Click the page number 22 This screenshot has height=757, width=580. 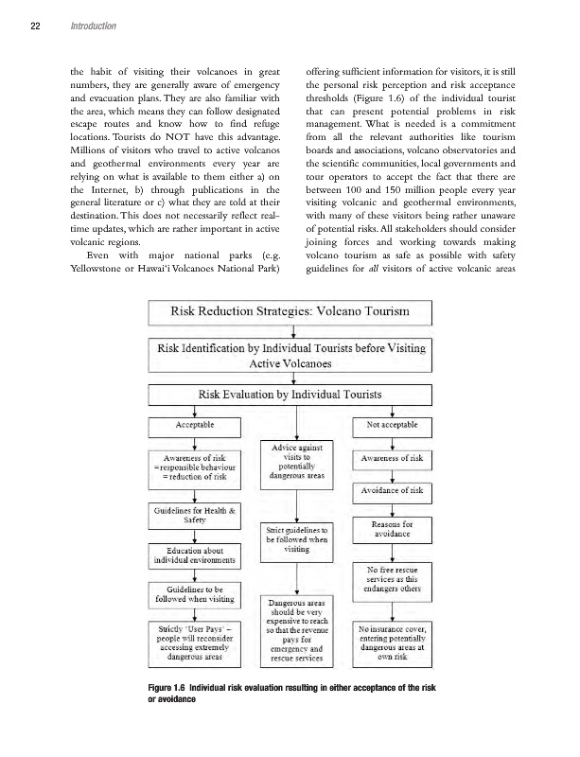34,26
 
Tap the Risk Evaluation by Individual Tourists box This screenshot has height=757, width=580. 290,393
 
